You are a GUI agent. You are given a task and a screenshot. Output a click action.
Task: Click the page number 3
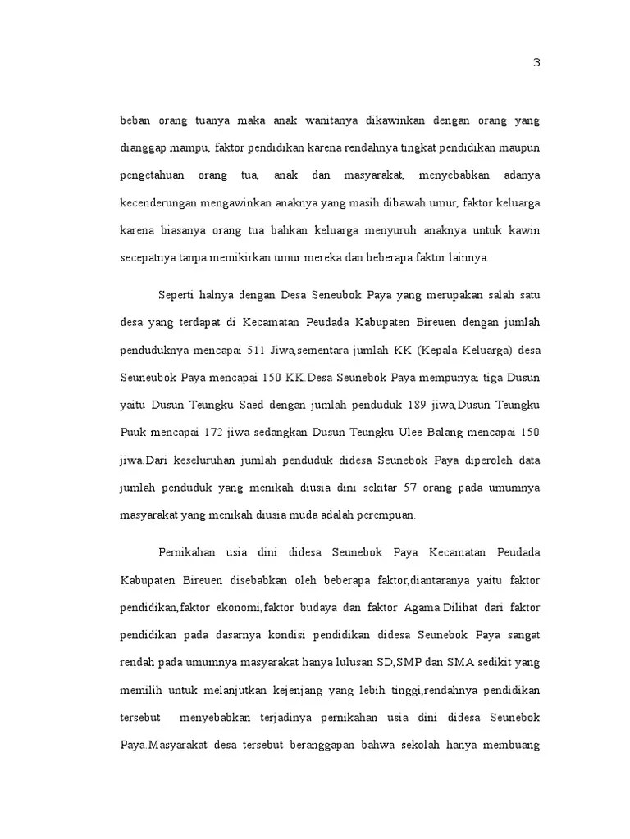[536, 64]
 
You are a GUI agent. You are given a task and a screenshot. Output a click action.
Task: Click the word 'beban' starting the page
[136, 120]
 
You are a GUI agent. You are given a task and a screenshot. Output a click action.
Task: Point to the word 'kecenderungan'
[157, 202]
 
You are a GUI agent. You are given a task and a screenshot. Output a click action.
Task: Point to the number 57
[412, 488]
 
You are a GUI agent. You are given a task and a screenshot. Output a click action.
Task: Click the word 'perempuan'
[389, 515]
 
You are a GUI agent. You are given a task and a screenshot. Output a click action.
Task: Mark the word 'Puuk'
[133, 433]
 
